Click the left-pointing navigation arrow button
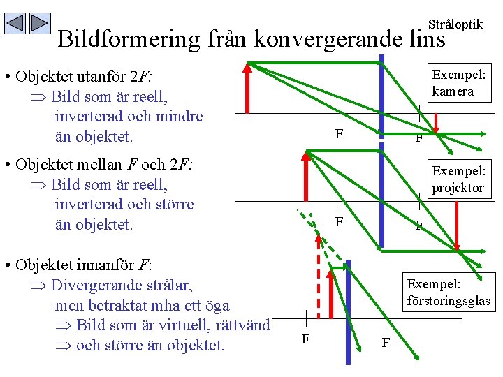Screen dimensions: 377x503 [x=15, y=24]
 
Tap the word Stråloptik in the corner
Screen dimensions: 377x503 [x=455, y=24]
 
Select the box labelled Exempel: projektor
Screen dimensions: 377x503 [x=458, y=179]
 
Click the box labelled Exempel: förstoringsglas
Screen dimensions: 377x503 [x=448, y=293]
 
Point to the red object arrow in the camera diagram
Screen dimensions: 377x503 [x=247, y=87]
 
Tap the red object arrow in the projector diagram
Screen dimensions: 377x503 [x=306, y=175]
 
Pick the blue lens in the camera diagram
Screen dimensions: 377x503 [x=381, y=84]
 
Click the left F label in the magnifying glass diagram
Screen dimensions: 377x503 [x=305, y=339]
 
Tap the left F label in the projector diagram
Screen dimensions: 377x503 [x=339, y=222]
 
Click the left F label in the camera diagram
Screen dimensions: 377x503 [x=339, y=133]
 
